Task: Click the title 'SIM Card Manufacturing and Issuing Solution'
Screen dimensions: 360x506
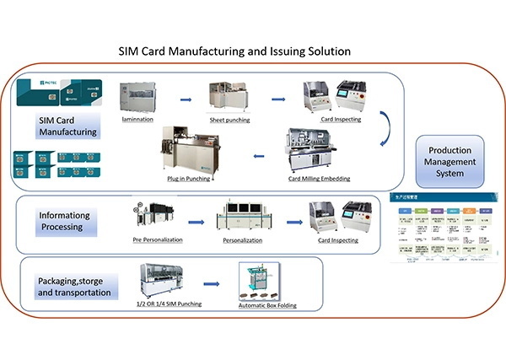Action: (234, 51)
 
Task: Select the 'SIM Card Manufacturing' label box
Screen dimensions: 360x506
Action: (67, 126)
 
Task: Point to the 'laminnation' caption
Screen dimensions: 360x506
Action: (143, 120)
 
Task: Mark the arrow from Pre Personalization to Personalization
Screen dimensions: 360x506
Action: (196, 223)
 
